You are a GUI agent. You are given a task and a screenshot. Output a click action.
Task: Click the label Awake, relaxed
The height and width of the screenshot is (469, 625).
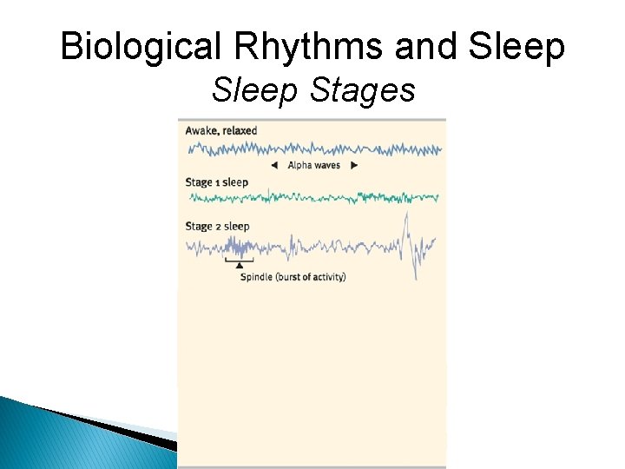(221, 131)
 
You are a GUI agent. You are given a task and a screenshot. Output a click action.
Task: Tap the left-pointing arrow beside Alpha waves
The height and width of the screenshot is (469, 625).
(274, 165)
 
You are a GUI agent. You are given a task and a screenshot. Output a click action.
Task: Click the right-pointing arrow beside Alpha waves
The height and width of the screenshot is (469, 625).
(354, 165)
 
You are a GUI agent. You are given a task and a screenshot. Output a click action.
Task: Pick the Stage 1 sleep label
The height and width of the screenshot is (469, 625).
(217, 182)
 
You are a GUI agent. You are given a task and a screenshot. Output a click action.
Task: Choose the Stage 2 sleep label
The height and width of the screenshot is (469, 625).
(217, 227)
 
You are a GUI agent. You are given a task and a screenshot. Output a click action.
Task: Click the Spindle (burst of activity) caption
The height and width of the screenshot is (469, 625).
(293, 277)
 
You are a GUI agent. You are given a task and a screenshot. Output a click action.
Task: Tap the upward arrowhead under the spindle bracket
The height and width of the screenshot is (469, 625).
(240, 266)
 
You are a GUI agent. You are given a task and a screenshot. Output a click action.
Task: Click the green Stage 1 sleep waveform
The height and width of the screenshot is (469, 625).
(312, 198)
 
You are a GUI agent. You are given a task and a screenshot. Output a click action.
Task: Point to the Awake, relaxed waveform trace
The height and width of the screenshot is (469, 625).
(312, 149)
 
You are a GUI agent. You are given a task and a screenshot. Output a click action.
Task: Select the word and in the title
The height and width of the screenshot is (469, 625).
(423, 47)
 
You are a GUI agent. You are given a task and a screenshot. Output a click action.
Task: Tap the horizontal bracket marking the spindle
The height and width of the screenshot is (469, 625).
(240, 260)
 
